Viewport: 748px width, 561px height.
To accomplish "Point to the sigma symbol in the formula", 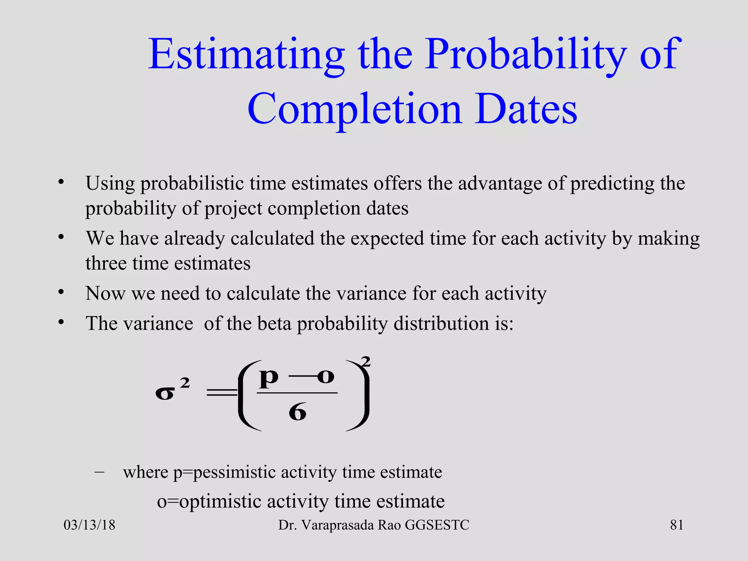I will point(165,394).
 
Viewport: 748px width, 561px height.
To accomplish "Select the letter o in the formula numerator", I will point(325,376).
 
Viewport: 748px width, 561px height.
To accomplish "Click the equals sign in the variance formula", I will point(222,393).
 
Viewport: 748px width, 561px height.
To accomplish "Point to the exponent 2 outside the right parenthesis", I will point(366,362).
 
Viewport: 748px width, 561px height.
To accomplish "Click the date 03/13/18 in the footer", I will point(89,525).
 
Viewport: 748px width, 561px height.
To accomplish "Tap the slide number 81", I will point(677,525).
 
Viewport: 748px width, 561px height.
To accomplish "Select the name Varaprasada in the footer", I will point(337,525).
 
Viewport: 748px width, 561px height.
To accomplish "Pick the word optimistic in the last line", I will point(220,501).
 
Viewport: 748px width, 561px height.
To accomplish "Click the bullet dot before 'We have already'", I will point(61,237).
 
